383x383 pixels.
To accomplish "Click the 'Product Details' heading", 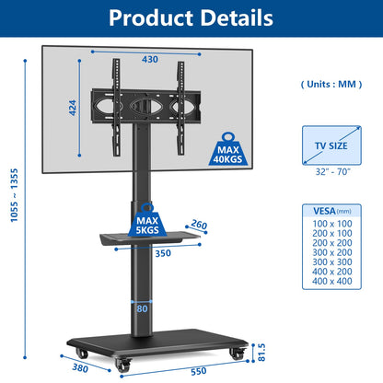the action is coord(191,17).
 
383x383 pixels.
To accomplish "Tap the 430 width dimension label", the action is coord(150,59).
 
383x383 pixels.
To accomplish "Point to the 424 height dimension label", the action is coord(73,108).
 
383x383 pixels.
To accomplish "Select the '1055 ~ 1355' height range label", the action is coord(14,195).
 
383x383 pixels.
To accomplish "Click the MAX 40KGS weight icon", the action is coord(227,149).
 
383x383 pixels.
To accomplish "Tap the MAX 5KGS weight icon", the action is coord(147,220).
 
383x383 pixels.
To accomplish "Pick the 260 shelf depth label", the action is coord(199,225).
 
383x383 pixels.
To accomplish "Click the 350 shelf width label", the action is coord(163,253).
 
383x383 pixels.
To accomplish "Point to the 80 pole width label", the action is coord(142,308).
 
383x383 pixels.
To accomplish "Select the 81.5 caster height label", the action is coord(261,353).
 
